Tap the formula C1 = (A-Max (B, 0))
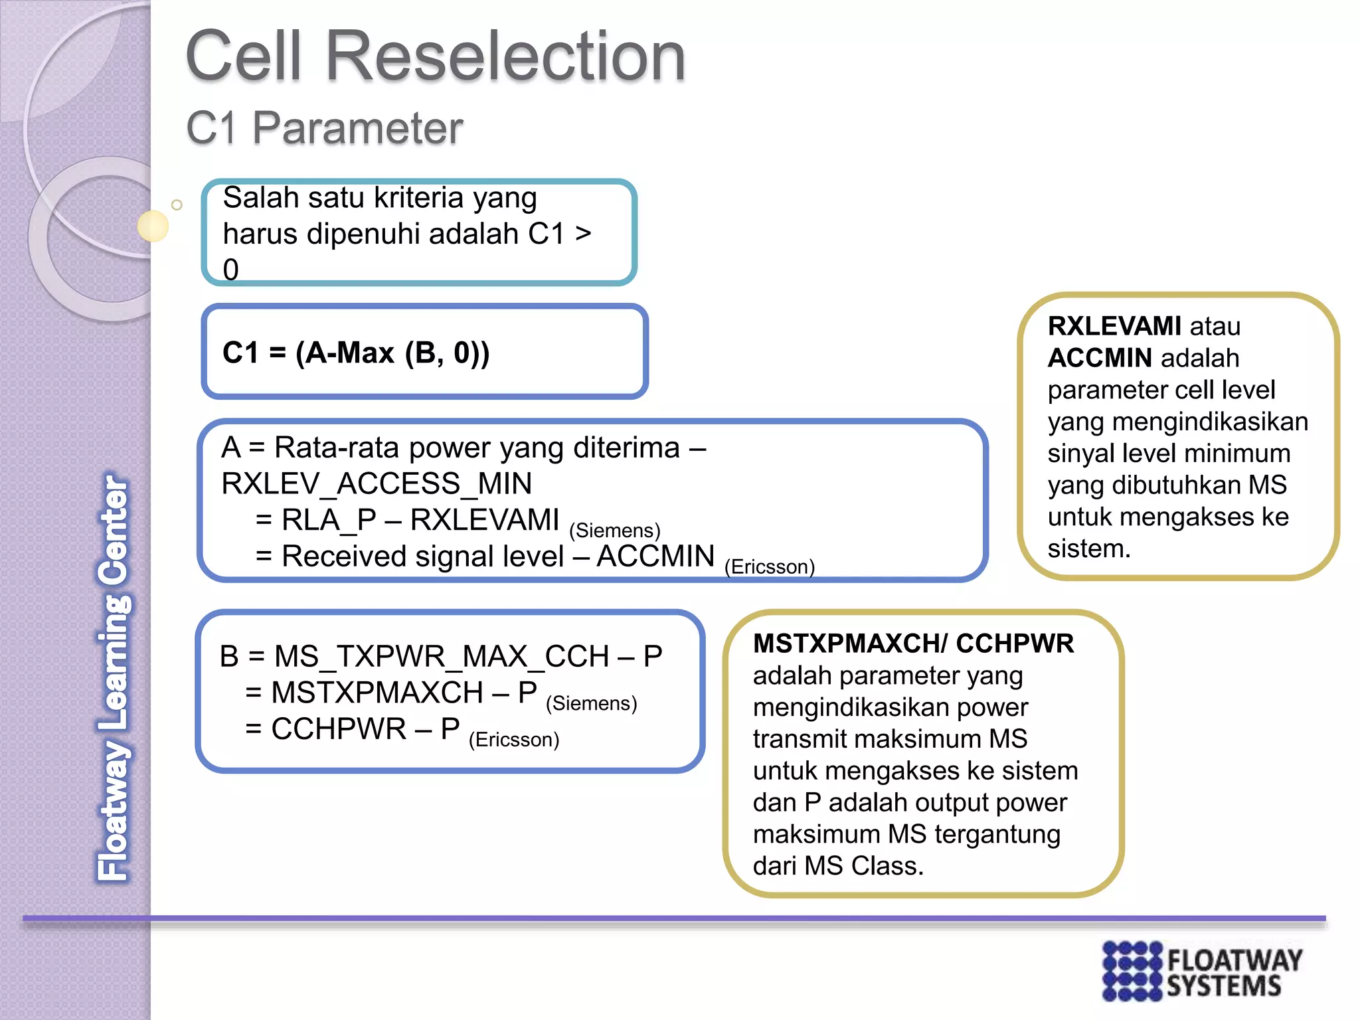(x=356, y=353)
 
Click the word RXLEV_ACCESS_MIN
(x=377, y=483)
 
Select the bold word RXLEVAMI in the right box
(x=1114, y=326)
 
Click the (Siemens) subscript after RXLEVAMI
(x=614, y=531)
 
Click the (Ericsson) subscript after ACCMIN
(x=769, y=567)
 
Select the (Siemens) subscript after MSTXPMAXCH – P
(x=591, y=703)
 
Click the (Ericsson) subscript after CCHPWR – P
(x=514, y=740)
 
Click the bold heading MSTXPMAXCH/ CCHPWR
(x=912, y=643)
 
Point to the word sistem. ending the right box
(x=1088, y=549)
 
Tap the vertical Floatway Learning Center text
(x=114, y=677)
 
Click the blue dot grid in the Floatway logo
(x=1132, y=970)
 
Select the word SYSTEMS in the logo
(x=1223, y=986)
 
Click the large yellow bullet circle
(x=153, y=226)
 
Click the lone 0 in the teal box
(x=230, y=270)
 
